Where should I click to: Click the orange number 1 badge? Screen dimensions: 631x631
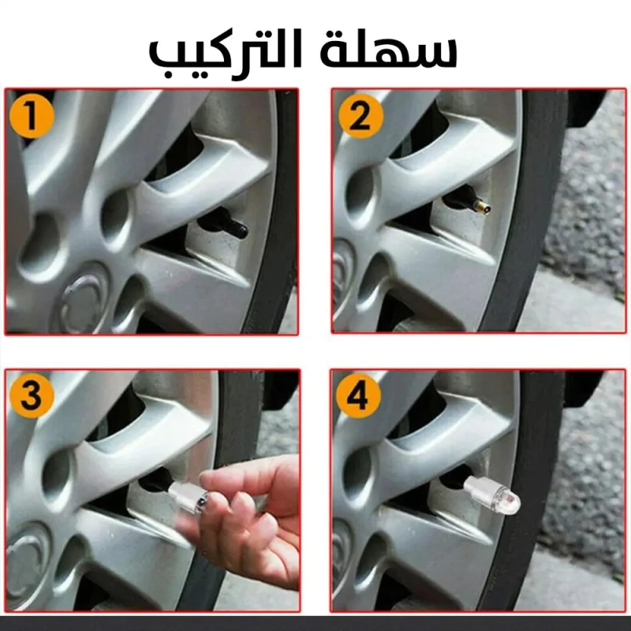tap(32, 116)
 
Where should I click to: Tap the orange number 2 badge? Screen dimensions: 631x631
tap(360, 116)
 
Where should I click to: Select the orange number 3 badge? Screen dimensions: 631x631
tap(32, 396)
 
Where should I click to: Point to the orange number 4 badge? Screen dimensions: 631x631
tap(359, 396)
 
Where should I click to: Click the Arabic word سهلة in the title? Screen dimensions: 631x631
tap(389, 52)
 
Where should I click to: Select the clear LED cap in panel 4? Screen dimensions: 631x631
tap(491, 495)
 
